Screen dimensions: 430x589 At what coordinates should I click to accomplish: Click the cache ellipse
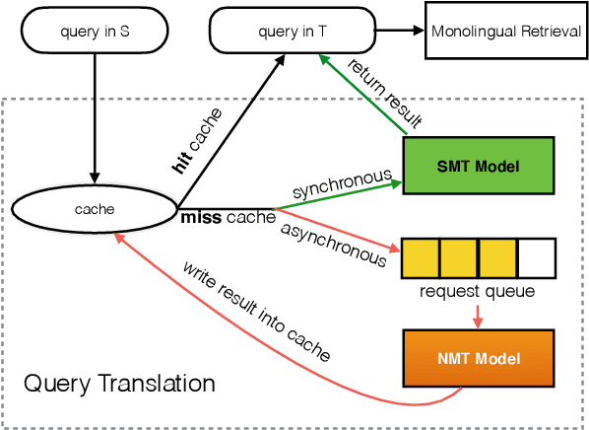95,209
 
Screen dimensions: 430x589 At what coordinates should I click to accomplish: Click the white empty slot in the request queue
536,258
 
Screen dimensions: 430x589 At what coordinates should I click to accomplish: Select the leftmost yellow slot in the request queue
421,258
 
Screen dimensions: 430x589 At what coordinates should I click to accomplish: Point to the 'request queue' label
478,292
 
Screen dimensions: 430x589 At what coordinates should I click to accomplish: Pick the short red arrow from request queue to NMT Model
478,314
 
